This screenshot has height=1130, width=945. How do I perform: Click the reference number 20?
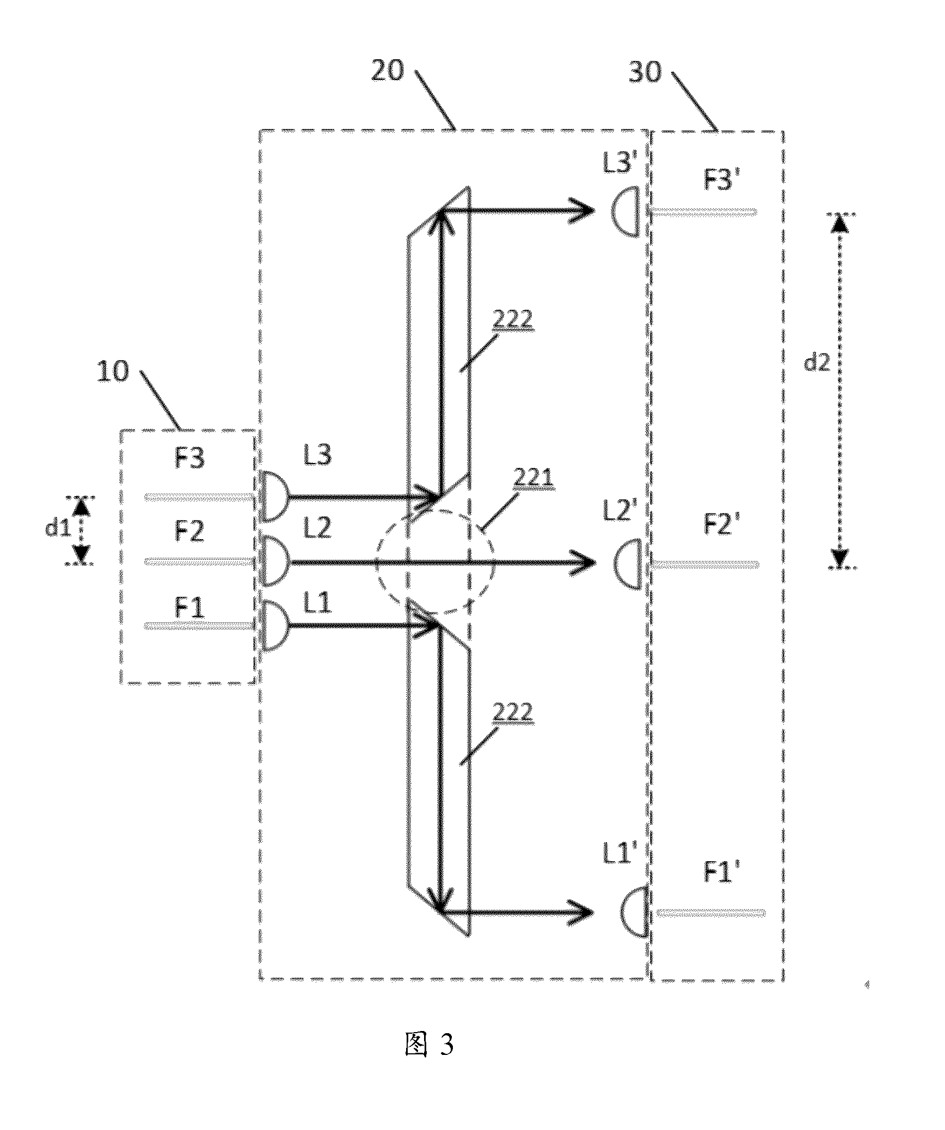388,70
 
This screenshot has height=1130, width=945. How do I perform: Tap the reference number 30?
645,71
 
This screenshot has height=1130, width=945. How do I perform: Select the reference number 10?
113,372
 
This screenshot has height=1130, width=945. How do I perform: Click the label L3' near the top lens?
620,163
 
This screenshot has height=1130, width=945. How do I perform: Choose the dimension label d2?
817,362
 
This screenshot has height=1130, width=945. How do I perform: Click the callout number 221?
534,479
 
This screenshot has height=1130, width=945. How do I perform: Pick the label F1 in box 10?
189,608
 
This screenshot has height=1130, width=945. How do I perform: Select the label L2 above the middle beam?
317,528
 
